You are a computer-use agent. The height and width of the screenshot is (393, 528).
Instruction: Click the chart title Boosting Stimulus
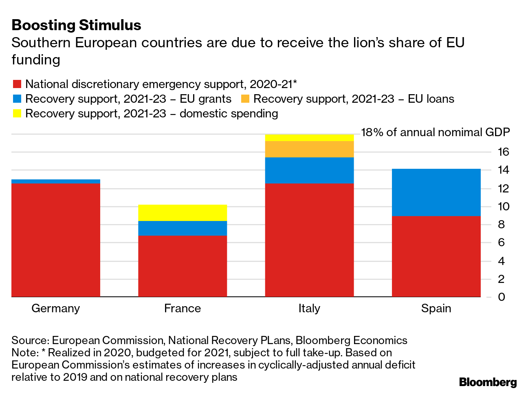(76, 25)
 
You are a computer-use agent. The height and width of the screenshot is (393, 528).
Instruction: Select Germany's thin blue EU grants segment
(56, 181)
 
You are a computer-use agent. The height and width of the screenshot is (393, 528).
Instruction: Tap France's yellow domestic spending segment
(183, 213)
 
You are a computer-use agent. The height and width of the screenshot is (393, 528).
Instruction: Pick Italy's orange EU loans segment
(309, 149)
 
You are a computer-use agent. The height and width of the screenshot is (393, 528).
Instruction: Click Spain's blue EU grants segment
(436, 192)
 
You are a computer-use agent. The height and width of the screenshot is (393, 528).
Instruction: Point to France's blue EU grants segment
(183, 228)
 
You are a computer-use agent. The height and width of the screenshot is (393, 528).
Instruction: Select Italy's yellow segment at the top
(309, 138)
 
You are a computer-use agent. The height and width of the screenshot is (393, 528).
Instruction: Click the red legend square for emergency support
(17, 84)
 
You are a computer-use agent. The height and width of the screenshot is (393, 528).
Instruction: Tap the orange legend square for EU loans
(245, 99)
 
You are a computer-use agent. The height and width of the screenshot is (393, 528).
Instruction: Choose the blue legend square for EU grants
(17, 99)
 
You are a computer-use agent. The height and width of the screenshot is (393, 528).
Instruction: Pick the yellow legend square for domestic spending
(17, 114)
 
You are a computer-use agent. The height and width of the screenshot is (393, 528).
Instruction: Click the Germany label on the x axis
(56, 308)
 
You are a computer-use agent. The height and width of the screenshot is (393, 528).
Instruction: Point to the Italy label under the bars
(309, 308)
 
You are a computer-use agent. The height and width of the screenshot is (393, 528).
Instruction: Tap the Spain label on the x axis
(436, 308)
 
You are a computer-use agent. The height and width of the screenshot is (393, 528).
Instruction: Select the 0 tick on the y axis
(501, 297)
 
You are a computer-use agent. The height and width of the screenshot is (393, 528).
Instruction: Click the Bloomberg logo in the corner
(488, 382)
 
